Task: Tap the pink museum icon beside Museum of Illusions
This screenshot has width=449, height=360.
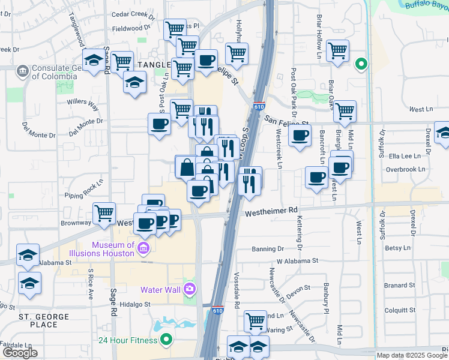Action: [x=143, y=248]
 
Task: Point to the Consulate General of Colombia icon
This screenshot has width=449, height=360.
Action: [x=23, y=71]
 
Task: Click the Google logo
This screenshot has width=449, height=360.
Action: [x=20, y=353]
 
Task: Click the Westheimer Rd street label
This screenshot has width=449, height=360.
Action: [x=271, y=211]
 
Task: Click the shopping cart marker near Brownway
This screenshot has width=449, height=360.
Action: [x=104, y=213]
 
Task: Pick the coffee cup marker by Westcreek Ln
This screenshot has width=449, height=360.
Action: [x=300, y=135]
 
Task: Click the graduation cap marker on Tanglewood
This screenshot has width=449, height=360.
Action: [x=93, y=61]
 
